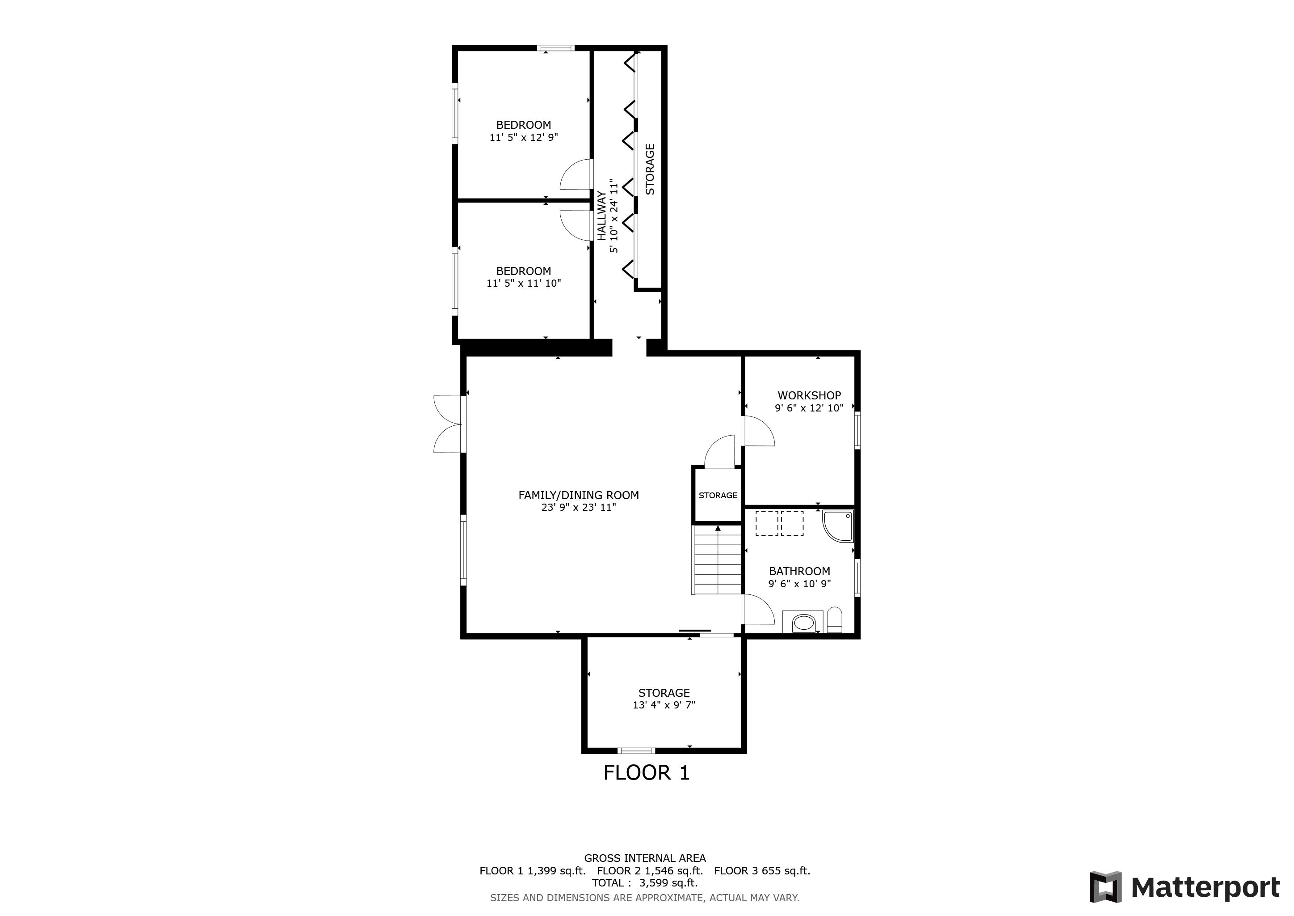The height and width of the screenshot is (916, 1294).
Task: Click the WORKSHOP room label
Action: click(x=809, y=395)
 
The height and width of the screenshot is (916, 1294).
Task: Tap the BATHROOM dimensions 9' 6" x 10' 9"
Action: click(x=799, y=584)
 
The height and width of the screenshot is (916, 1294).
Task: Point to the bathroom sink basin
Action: click(x=803, y=623)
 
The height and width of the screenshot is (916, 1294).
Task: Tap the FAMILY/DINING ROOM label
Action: click(x=578, y=495)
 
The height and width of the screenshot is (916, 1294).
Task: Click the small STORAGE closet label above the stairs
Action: click(x=718, y=495)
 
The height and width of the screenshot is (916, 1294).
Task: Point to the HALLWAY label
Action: click(x=602, y=216)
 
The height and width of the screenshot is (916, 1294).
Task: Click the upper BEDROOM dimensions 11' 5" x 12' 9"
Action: click(x=524, y=137)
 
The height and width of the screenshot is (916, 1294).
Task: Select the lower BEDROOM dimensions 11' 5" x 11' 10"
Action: click(x=524, y=283)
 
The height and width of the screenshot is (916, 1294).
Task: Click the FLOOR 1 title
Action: click(x=647, y=772)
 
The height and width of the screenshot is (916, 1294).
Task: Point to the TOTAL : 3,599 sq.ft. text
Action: click(x=645, y=883)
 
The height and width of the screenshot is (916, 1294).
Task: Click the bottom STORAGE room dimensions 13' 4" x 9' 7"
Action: click(x=664, y=705)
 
